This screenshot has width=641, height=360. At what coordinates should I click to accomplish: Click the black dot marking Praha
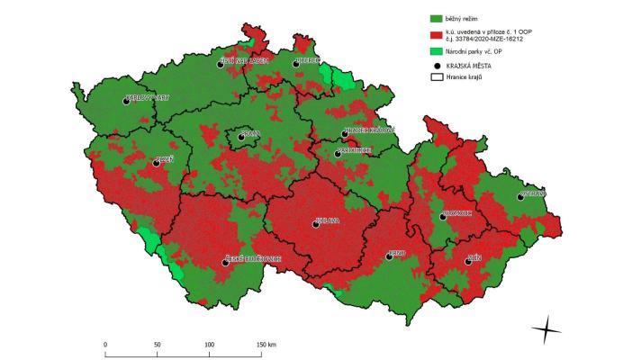pyautogui.click(x=240, y=137)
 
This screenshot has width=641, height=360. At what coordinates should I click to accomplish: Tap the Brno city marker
pyautogui.click(x=390, y=256)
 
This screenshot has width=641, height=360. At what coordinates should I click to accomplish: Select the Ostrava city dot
pyautogui.click(x=519, y=196)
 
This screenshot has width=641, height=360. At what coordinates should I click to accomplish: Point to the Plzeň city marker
pyautogui.click(x=157, y=163)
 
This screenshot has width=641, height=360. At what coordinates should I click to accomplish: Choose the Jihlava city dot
pyautogui.click(x=316, y=224)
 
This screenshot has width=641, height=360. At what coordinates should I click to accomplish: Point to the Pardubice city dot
pyautogui.click(x=338, y=154)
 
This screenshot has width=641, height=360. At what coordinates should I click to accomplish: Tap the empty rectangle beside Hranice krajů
pyautogui.click(x=438, y=78)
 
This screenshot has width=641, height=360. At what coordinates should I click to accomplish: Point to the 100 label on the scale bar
pyautogui.click(x=209, y=345)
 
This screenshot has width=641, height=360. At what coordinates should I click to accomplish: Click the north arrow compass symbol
pyautogui.click(x=546, y=330)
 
